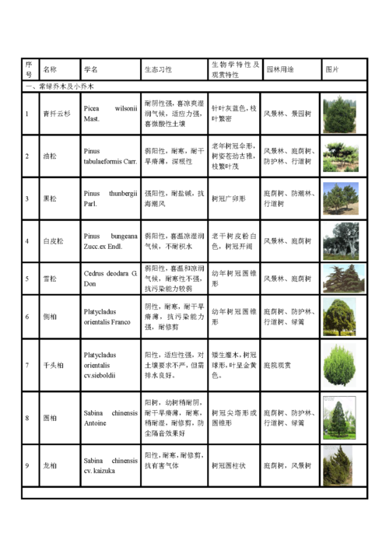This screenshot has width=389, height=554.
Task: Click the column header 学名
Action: pyautogui.click(x=91, y=69)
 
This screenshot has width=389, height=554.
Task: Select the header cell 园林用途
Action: pyautogui.click(x=279, y=69)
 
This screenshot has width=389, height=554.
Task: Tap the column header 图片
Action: pyautogui.click(x=332, y=69)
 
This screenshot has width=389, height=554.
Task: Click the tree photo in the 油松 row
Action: pyautogui.click(x=340, y=156)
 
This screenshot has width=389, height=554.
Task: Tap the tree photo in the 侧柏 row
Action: pyautogui.click(x=340, y=317)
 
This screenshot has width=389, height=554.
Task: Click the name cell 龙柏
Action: pyautogui.click(x=49, y=465)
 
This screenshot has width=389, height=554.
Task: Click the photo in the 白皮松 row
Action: pyautogui.click(x=340, y=241)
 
